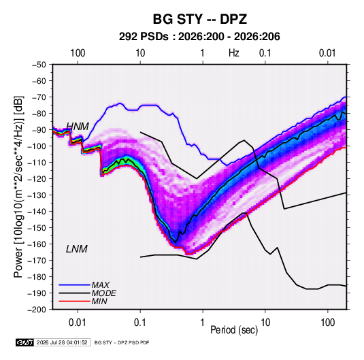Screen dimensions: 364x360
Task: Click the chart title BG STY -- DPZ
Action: point(199,19)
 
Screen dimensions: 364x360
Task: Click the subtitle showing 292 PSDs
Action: point(199,37)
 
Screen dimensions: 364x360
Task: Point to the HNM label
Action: point(78,127)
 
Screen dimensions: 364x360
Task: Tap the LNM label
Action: point(77,249)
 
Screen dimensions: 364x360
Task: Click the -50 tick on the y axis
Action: point(39,65)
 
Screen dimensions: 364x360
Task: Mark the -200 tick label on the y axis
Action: point(37,310)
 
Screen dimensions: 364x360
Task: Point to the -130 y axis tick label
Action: point(37,195)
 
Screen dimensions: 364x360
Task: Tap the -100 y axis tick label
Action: point(37,146)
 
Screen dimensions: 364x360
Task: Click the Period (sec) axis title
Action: point(234,330)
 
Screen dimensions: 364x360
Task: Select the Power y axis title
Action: point(19,186)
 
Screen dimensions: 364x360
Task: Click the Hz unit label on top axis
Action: point(234,53)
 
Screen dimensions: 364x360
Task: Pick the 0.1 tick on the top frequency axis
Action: point(265,53)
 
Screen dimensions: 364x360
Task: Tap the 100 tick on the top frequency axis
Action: point(78,53)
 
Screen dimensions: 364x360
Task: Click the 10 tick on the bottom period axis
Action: point(265,323)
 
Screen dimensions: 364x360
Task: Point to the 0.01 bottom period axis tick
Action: point(78,323)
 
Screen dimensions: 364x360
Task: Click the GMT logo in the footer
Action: point(24,342)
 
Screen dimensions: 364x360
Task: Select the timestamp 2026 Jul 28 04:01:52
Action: point(62,342)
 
